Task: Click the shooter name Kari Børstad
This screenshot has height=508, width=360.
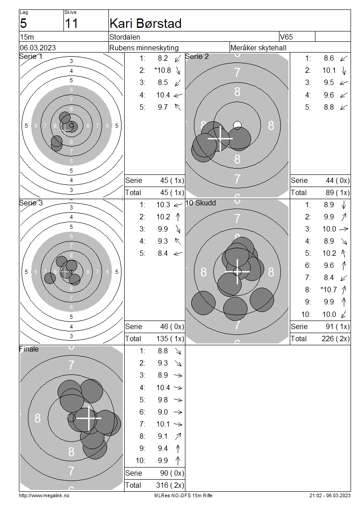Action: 145,23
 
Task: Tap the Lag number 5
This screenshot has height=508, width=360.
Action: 23,24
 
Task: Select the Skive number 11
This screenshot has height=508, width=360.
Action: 71,24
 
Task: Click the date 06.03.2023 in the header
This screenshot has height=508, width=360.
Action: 38,48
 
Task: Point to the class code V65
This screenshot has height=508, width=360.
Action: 286,37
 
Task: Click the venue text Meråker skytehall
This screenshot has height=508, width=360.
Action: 258,48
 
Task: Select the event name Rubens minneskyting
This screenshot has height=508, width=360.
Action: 144,48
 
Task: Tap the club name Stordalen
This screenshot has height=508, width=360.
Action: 125,37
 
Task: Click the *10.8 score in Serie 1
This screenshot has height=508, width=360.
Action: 162,70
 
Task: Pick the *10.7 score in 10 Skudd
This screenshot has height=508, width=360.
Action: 328,290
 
